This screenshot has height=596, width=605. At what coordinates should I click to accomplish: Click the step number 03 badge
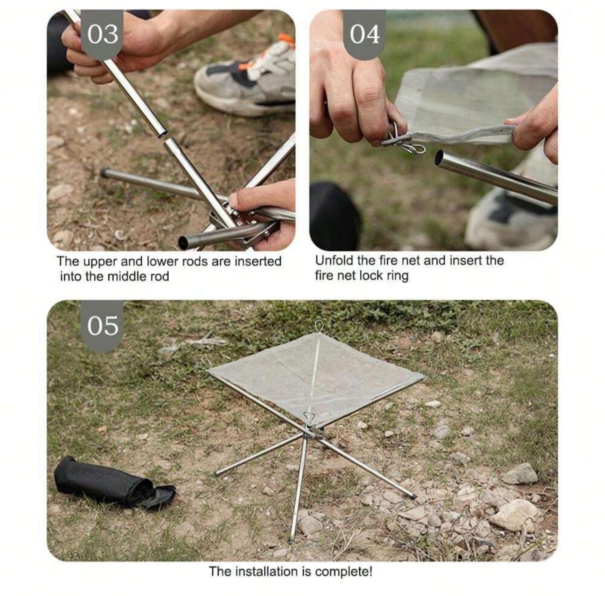click(103, 34)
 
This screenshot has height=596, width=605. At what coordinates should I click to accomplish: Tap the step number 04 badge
click(364, 34)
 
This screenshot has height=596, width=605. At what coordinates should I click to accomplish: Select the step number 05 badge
click(103, 326)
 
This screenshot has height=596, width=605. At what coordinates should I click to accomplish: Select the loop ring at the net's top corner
click(320, 325)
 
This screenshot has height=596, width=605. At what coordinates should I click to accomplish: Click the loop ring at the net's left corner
click(206, 361)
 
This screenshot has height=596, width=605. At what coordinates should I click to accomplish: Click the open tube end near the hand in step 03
click(183, 242)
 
